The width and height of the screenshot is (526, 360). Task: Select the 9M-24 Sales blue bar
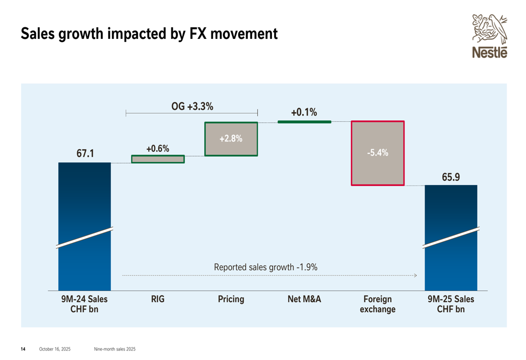(x=84, y=226)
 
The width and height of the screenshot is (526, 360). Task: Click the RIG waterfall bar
(x=158, y=159)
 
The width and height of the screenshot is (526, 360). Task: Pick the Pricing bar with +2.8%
(x=231, y=139)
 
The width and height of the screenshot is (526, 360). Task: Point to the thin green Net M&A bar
(x=304, y=122)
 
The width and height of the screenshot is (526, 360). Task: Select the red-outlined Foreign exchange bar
(x=378, y=153)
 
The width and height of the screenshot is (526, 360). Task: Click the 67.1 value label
(x=85, y=153)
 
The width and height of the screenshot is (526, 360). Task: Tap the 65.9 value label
(x=451, y=177)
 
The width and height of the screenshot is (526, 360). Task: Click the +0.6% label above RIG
(x=158, y=149)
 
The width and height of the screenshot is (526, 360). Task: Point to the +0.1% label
(x=304, y=112)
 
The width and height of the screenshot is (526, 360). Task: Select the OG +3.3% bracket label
(x=192, y=106)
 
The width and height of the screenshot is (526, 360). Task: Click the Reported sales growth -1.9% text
(x=266, y=267)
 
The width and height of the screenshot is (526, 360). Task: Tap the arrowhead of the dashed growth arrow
(x=416, y=275)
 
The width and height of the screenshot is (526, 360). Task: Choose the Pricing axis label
(x=231, y=299)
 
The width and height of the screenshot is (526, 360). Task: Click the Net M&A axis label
(x=304, y=299)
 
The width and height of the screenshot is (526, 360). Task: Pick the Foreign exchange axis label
(x=378, y=304)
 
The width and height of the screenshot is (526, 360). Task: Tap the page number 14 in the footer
(x=23, y=349)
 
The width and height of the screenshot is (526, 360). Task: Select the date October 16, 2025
(x=55, y=349)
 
